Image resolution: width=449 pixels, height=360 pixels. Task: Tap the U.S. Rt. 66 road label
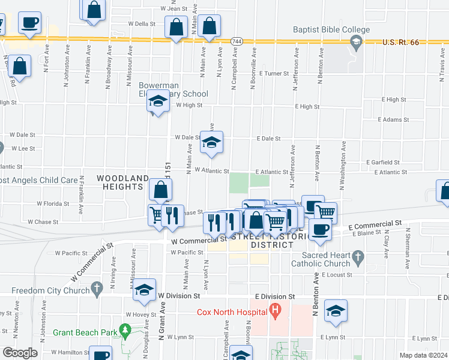[403, 43]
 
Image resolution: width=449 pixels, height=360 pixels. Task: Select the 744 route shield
[236, 41]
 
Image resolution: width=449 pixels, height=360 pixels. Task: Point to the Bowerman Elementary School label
[173, 89]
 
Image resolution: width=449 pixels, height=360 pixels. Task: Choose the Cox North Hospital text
[233, 312]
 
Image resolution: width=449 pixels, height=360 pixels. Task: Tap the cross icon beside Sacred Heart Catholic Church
[358, 259]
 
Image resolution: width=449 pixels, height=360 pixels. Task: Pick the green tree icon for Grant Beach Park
[124, 330]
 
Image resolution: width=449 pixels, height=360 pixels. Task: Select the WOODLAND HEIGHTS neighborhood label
[123, 183]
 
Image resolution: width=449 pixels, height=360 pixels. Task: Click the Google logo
[19, 353]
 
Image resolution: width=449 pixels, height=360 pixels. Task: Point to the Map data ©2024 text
[423, 355]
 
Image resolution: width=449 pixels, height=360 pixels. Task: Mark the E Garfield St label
[382, 163]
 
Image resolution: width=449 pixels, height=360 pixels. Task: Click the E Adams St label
[393, 120]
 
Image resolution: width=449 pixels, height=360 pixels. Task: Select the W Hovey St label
[140, 314]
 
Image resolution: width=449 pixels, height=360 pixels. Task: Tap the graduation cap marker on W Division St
[144, 290]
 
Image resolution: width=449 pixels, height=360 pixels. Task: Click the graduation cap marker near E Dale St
[211, 143]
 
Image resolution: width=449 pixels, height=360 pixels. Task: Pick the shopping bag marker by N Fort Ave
[20, 67]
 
